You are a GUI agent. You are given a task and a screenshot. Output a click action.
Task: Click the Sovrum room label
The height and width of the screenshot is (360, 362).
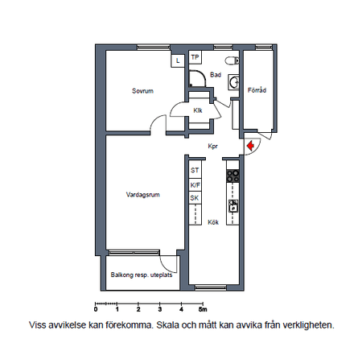coord(142,91)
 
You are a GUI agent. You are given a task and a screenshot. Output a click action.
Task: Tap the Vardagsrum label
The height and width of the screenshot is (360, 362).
coord(143,195)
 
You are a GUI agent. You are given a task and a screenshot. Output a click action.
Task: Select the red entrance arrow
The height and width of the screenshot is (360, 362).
coord(250,146)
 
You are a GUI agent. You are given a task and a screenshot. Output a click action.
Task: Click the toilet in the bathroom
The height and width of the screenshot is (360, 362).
coord(232,60)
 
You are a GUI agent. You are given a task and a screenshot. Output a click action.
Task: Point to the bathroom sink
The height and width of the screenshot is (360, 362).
coord(234,82)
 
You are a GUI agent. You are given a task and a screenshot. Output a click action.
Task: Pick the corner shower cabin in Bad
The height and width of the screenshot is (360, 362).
coord(197,78)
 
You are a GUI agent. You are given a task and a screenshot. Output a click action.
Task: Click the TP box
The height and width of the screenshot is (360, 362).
coord(195,57)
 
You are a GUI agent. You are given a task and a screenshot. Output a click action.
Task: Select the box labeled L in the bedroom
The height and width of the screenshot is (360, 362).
coord(178,61)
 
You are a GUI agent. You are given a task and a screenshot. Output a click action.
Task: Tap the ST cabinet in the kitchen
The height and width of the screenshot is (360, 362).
coord(195,170)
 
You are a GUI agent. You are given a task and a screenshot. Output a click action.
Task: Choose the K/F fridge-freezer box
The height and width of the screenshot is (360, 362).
coord(195,185)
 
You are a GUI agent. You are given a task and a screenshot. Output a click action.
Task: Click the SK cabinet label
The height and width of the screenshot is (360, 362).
coord(195,198)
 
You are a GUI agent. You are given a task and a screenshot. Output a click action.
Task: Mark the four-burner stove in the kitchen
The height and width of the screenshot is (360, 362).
coord(232,176)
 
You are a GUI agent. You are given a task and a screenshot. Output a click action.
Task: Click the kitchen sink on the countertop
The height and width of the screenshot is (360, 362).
coord(233,206)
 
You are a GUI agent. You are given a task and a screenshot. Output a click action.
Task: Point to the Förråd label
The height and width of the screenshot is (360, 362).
coord(257,90)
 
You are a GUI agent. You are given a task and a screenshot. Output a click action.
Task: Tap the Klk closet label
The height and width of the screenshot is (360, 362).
coord(198,110)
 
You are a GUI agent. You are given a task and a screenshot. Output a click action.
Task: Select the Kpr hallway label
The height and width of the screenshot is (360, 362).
coord(213,147)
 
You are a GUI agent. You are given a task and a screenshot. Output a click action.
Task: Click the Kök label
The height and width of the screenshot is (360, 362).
coord(213,222)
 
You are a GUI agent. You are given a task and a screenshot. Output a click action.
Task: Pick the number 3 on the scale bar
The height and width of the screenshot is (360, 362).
coord(160,309)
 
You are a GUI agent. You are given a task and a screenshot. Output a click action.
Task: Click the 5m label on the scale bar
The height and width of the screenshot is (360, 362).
coord(203,309)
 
